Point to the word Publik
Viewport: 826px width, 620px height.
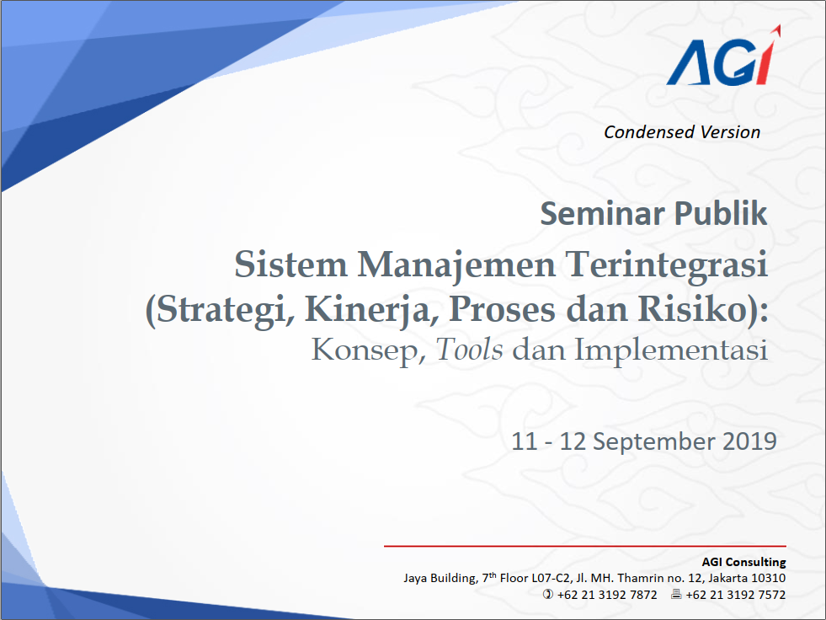click(x=721, y=213)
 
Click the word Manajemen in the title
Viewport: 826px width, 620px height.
click(x=456, y=264)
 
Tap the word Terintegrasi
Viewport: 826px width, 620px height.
click(x=666, y=264)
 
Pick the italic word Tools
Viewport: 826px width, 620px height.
click(x=469, y=349)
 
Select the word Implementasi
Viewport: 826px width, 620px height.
click(x=670, y=350)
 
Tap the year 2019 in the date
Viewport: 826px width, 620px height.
click(x=749, y=441)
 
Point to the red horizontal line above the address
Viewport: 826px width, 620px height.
click(x=584, y=546)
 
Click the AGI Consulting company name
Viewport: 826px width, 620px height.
click(x=743, y=562)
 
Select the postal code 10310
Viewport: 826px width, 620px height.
click(x=768, y=578)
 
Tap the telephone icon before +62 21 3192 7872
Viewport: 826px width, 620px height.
click(x=548, y=594)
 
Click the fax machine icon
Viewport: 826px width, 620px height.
click(x=676, y=594)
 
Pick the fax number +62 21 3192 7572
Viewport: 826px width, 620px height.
click(x=736, y=595)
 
